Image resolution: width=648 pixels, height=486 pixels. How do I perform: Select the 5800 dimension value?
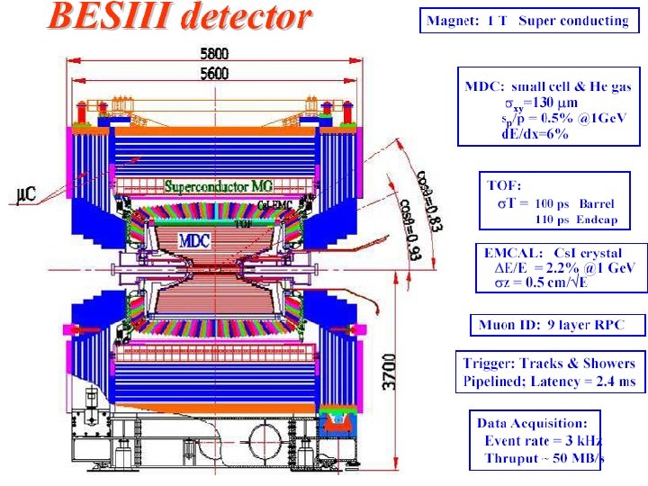[x=213, y=54]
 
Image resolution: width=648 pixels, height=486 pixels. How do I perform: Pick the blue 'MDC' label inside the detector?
[x=195, y=241]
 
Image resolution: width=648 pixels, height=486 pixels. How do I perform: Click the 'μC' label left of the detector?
[x=26, y=193]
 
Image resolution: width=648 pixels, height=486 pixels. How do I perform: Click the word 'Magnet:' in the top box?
[x=454, y=21]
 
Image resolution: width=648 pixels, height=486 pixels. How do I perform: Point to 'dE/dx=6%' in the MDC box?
[x=535, y=134]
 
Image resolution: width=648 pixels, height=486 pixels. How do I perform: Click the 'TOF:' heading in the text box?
[x=504, y=185]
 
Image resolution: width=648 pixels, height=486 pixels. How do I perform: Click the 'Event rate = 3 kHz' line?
[x=543, y=441]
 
